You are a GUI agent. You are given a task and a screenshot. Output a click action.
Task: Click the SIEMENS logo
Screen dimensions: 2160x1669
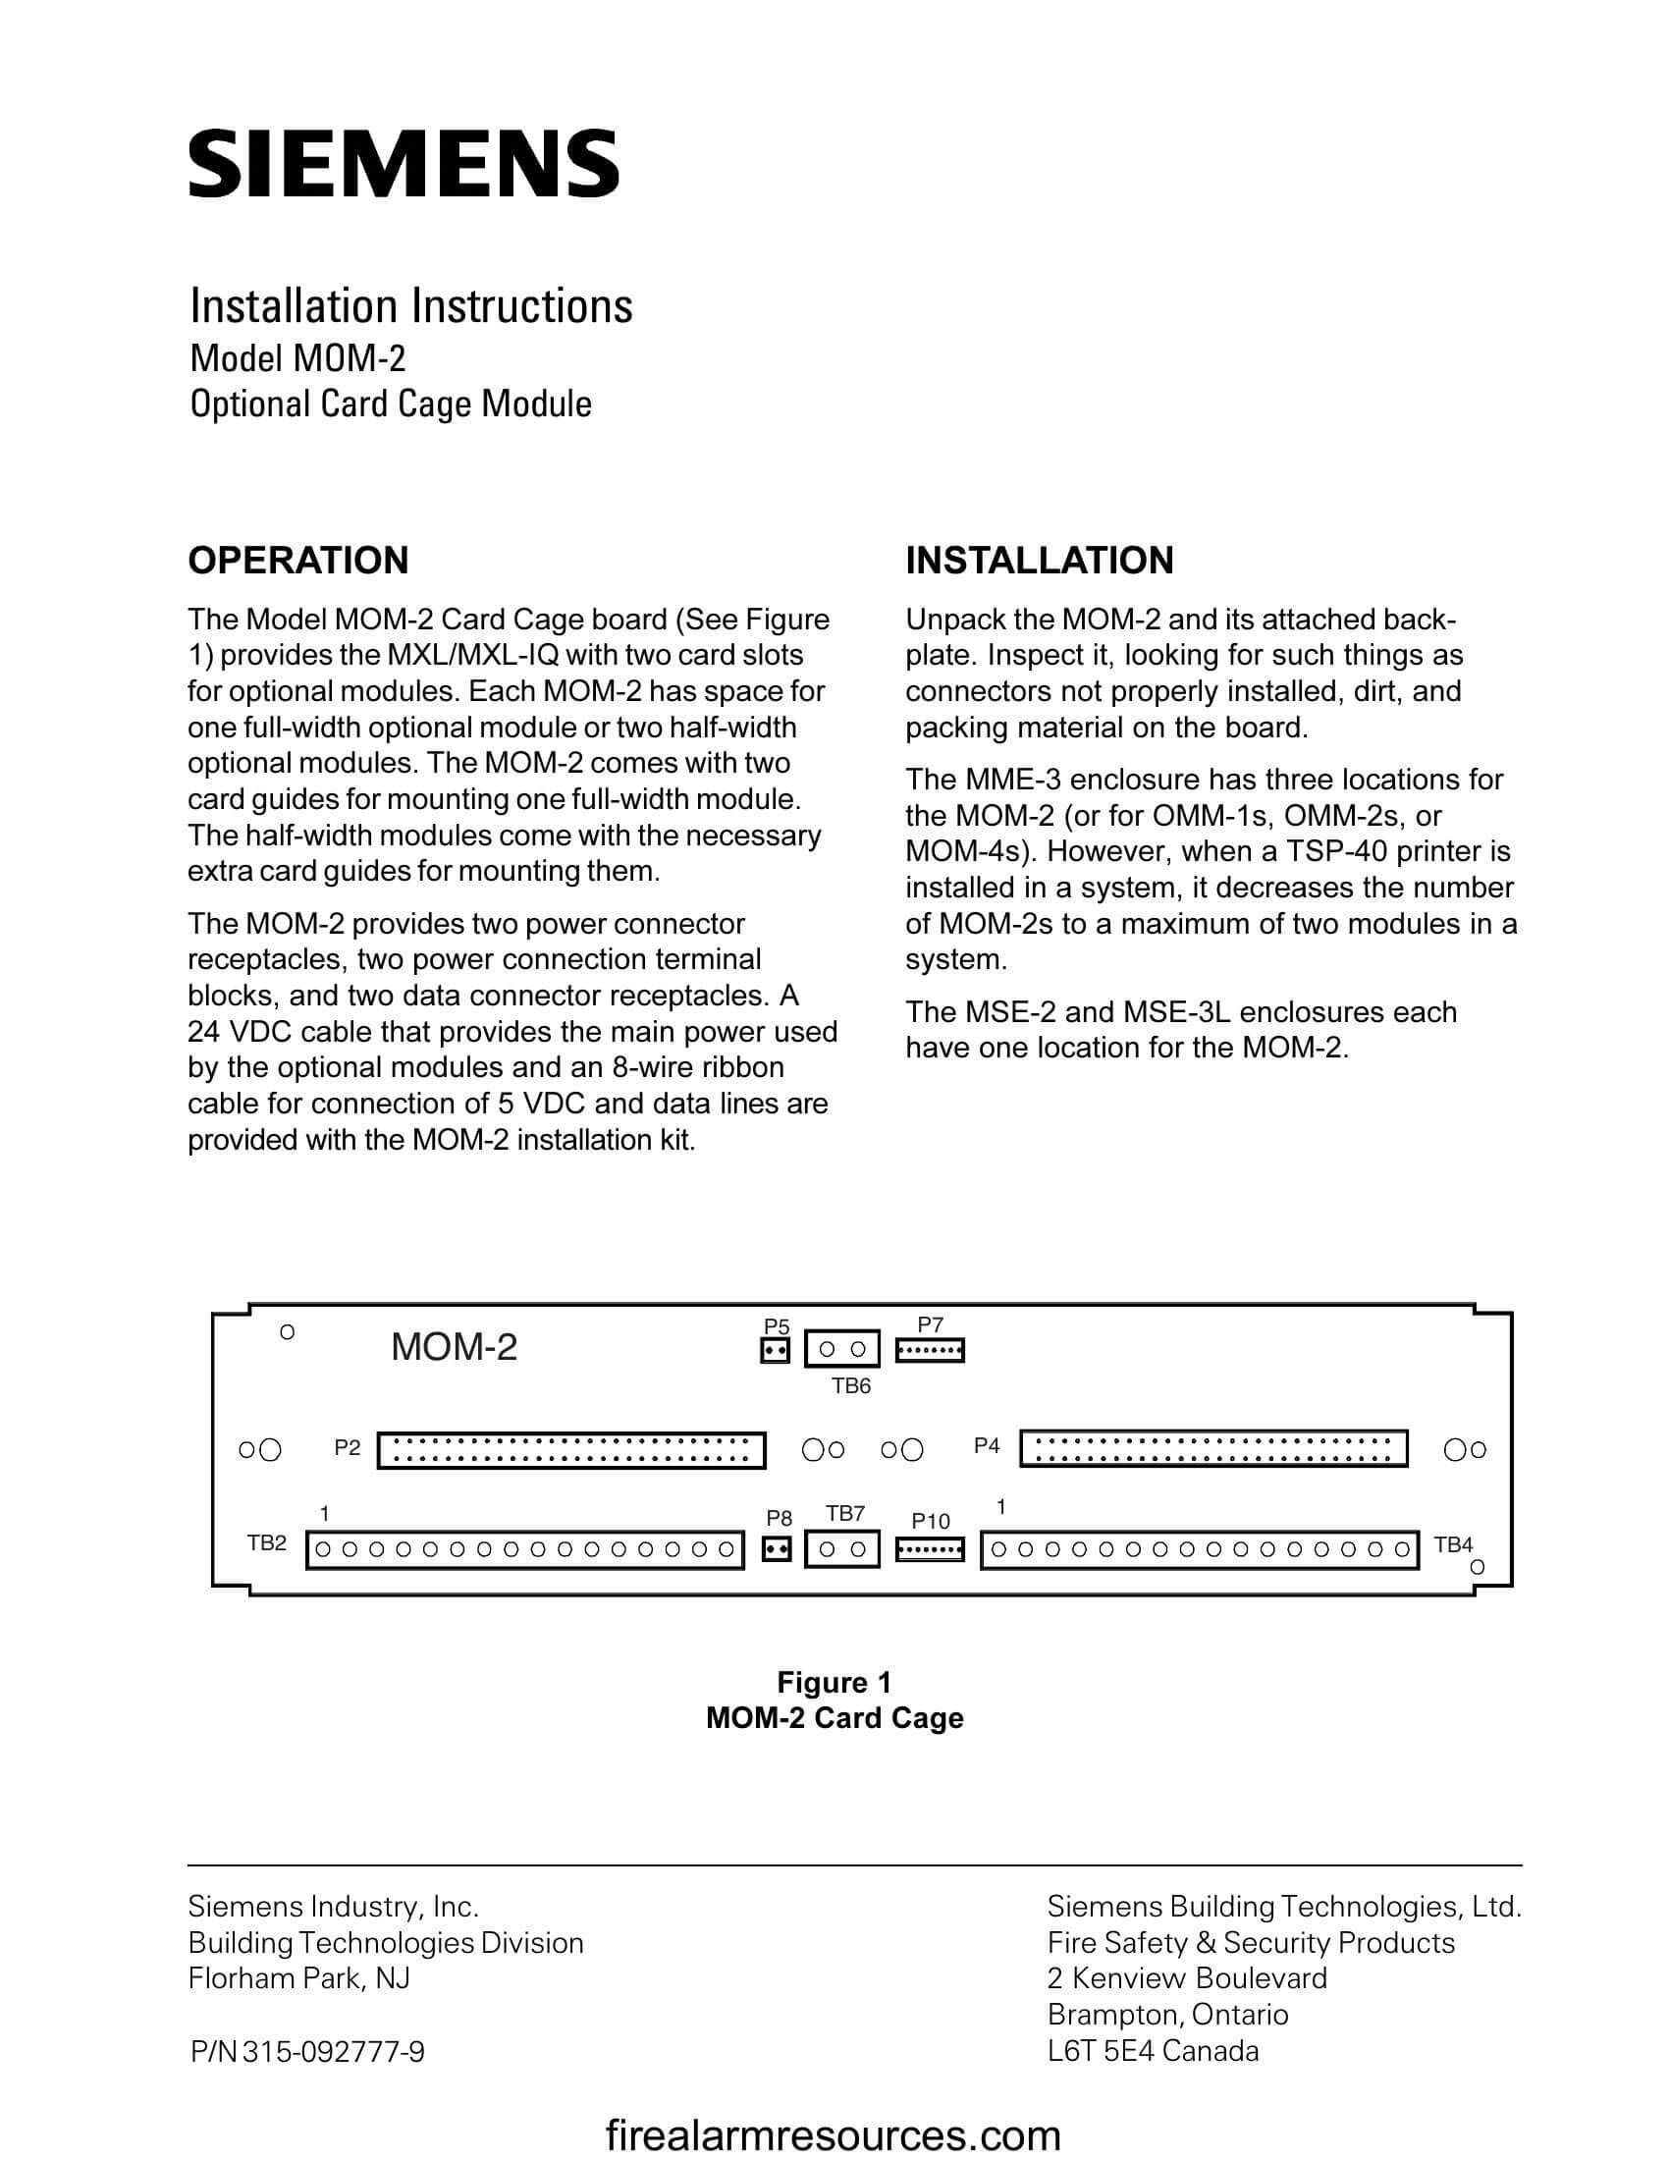[404, 163]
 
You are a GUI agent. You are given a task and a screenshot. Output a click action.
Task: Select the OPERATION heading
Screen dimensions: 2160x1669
[297, 561]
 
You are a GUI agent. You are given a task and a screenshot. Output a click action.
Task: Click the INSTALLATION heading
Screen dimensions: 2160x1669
[1039, 561]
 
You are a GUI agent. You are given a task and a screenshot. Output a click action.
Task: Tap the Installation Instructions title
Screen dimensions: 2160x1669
[410, 305]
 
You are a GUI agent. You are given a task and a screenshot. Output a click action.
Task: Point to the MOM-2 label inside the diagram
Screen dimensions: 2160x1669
[454, 1347]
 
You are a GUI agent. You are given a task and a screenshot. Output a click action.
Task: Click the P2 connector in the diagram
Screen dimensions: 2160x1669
[571, 1450]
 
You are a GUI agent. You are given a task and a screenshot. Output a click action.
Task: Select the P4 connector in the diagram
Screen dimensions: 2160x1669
[1213, 1448]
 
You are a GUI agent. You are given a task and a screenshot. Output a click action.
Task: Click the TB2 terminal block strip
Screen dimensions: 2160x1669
[525, 1549]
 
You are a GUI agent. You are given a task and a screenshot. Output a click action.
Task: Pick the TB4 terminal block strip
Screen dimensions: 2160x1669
[1200, 1549]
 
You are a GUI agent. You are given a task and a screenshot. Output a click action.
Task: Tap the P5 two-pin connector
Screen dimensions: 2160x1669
[776, 1350]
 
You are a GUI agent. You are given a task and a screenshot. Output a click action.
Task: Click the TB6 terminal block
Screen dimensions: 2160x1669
[842, 1349]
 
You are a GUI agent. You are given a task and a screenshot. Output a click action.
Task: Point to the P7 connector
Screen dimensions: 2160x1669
[930, 1350]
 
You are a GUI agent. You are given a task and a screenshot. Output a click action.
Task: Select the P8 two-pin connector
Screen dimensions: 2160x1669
[778, 1548]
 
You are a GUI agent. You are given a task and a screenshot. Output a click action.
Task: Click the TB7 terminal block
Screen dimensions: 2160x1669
[842, 1548]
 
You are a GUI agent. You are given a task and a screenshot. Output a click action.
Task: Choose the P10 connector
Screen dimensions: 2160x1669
[930, 1548]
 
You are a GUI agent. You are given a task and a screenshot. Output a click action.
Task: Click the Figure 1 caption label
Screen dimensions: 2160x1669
[834, 1682]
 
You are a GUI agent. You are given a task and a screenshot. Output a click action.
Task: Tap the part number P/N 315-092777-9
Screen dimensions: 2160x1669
[307, 2052]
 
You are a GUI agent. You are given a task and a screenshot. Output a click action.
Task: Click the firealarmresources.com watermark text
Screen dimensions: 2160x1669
[833, 2134]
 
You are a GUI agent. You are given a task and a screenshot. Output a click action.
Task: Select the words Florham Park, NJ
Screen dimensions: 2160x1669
[298, 1978]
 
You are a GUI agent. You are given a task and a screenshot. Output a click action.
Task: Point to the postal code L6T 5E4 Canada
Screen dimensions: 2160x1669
[1153, 2051]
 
